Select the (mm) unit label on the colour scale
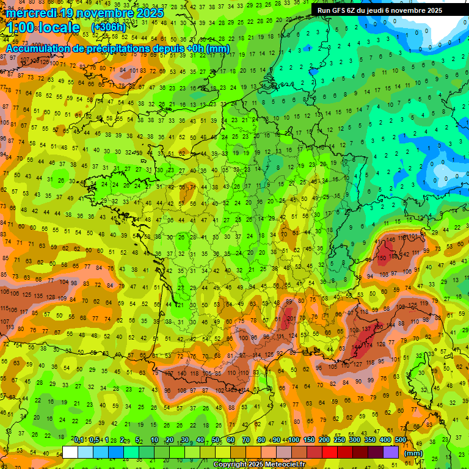tap(413, 453)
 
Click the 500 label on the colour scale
tap(401, 440)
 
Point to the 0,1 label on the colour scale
tap(79, 440)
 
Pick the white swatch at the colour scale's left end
tap(70, 453)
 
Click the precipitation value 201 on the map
tap(292, 318)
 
